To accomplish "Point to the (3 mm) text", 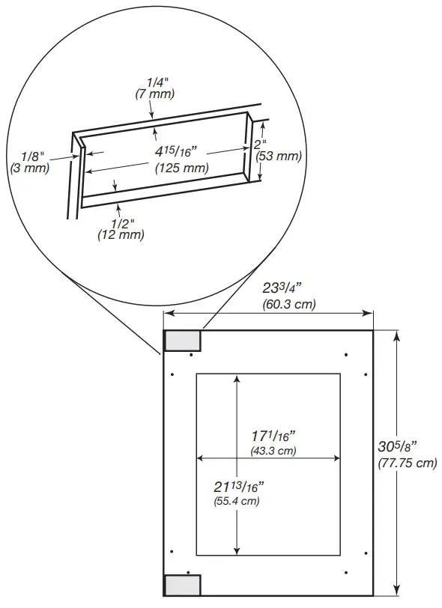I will click(x=31, y=168).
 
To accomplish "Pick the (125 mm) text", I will click(x=181, y=168).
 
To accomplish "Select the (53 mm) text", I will click(x=278, y=156).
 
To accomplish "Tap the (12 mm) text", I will click(x=121, y=235).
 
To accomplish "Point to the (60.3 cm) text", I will click(x=288, y=305).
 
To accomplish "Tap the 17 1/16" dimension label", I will click(x=273, y=436).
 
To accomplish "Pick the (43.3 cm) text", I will click(x=273, y=451).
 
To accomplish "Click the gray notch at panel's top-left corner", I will click(x=182, y=341).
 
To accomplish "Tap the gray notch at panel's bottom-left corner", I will click(x=182, y=585).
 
